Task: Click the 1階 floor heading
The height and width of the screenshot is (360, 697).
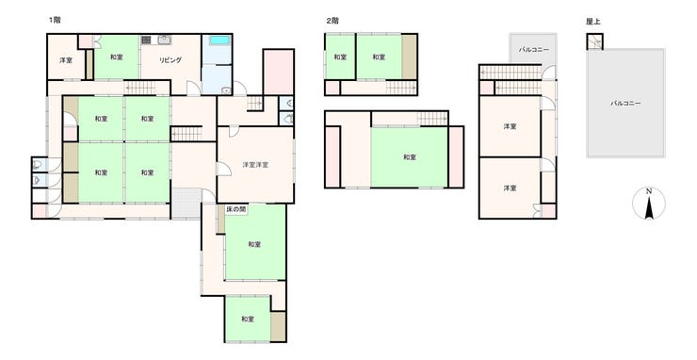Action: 55,20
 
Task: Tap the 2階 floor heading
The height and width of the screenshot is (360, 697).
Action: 332,21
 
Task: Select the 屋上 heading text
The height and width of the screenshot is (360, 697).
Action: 593,22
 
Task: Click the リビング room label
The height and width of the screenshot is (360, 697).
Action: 170,60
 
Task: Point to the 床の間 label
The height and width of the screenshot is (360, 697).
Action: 235,208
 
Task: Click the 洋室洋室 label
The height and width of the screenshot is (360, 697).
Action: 255,165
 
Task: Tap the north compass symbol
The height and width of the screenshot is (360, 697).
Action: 649,204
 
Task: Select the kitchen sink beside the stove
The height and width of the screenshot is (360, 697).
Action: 164,40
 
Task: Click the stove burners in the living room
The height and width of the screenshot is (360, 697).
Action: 146,40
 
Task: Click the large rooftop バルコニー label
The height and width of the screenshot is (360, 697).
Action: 625,104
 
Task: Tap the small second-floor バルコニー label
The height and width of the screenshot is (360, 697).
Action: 533,50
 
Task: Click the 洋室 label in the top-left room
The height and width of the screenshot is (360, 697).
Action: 66,60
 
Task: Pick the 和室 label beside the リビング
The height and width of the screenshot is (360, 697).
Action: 117,57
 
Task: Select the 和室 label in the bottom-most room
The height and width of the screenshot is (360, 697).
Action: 248,319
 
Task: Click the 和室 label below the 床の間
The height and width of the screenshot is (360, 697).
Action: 254,244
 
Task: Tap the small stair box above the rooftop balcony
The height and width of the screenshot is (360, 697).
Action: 594,41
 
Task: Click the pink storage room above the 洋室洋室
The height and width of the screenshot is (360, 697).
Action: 279,72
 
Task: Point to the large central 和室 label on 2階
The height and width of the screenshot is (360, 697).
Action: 410,157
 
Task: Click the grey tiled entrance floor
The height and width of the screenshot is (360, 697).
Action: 186,204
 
